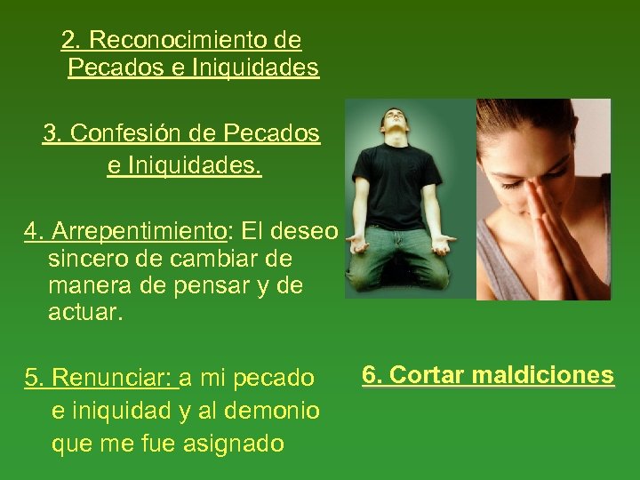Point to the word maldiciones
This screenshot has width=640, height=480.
click(542, 375)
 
